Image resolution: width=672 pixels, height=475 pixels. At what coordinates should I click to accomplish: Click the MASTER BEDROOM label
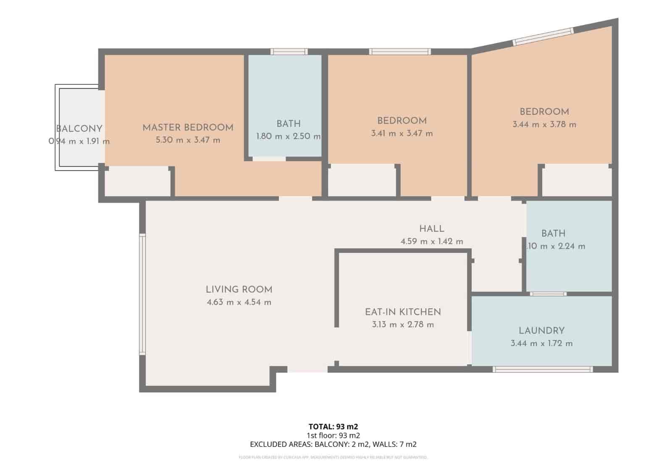click(188, 128)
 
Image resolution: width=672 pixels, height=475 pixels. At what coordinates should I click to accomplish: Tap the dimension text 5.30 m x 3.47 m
click(188, 140)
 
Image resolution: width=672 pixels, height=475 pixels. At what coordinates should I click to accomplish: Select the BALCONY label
click(79, 129)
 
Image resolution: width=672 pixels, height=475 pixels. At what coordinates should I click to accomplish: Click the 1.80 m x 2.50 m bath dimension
click(288, 136)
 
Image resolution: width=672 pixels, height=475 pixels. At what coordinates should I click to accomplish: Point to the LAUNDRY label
click(541, 331)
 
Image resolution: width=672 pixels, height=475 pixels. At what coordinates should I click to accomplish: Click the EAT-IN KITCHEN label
click(403, 312)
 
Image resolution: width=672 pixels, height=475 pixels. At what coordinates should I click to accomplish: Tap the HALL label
click(431, 229)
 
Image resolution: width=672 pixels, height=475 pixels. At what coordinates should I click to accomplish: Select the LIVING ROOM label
click(239, 290)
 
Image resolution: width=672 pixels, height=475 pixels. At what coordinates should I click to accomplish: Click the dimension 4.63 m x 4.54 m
click(239, 302)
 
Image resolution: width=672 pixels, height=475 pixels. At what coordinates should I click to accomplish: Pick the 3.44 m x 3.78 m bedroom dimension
click(544, 125)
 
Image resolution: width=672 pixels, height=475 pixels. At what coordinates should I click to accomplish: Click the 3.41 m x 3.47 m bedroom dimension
click(402, 134)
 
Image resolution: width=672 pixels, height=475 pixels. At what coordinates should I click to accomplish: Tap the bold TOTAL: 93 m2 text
click(333, 427)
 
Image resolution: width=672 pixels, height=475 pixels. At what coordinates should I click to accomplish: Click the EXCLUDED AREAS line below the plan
click(333, 444)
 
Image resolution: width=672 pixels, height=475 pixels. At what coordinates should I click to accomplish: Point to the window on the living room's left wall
click(142, 294)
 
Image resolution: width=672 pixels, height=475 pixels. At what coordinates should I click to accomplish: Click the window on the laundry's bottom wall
click(542, 370)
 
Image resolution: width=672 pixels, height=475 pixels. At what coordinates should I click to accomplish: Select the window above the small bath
click(289, 52)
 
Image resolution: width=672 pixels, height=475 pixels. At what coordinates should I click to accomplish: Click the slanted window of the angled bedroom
click(543, 36)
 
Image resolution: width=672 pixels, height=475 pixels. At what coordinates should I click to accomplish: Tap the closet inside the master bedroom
click(137, 181)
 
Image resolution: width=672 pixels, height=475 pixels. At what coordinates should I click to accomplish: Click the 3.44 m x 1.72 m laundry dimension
click(541, 344)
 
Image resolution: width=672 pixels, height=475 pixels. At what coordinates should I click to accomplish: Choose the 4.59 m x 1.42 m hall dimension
click(431, 242)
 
